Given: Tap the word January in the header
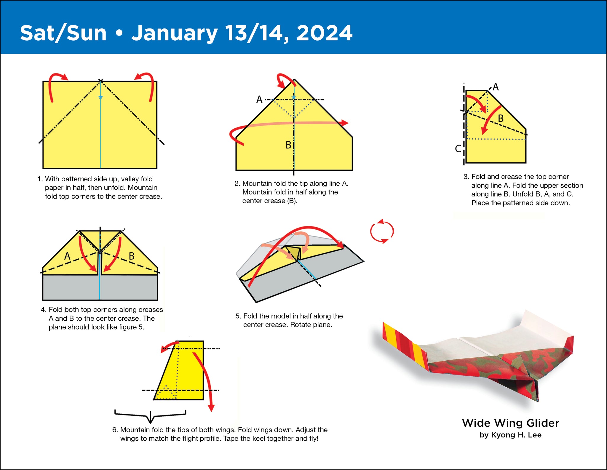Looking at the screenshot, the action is pyautogui.click(x=175, y=33).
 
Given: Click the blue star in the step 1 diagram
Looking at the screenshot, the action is pyautogui.click(x=100, y=97).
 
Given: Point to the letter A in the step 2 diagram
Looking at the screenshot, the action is pyautogui.click(x=259, y=99).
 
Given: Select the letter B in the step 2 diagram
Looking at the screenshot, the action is pyautogui.click(x=288, y=145).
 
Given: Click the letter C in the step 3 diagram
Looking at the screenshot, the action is pyautogui.click(x=458, y=148).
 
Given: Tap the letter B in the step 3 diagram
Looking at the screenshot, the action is pyautogui.click(x=501, y=119).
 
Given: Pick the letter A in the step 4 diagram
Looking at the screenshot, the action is pyautogui.click(x=67, y=256).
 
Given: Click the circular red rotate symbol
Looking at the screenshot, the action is pyautogui.click(x=382, y=231).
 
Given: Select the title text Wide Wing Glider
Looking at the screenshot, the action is pyautogui.click(x=510, y=423).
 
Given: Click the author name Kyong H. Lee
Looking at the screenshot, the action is pyautogui.click(x=516, y=435).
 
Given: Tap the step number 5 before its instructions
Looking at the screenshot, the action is pyautogui.click(x=238, y=316).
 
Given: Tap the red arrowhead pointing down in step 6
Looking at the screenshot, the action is pyautogui.click(x=211, y=408).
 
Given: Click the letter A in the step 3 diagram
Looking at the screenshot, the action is pyautogui.click(x=496, y=87).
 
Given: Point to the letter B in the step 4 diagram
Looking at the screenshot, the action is pyautogui.click(x=132, y=256).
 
